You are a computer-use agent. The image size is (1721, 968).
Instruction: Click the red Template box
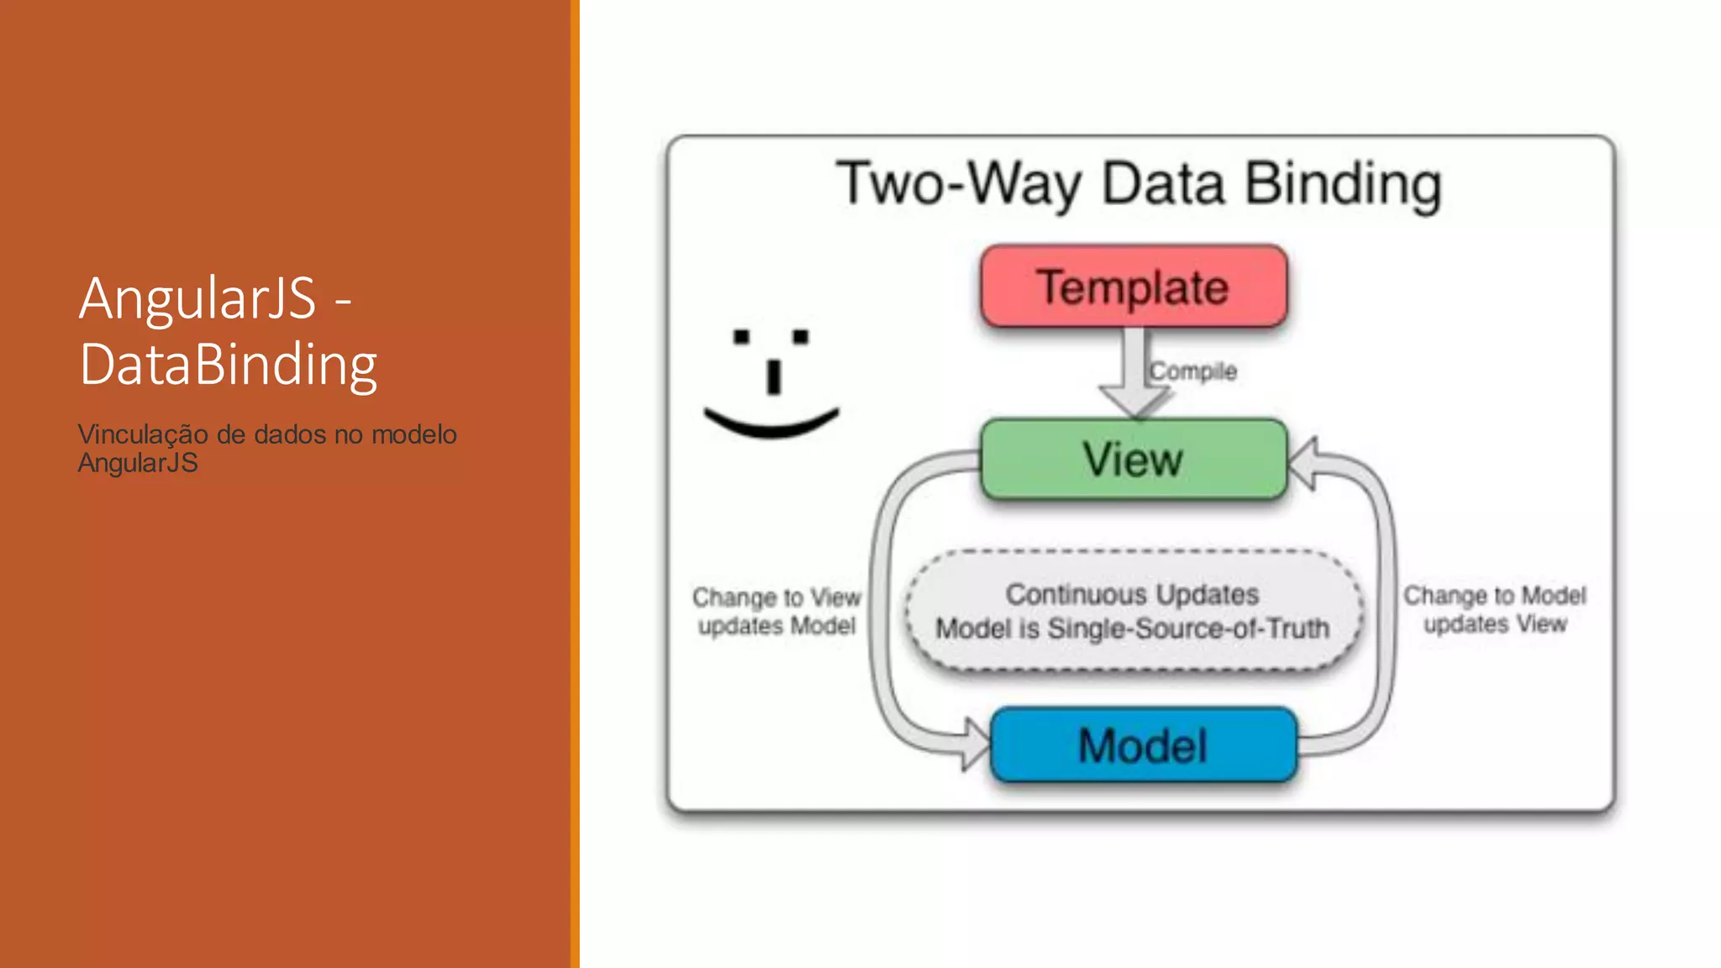pos(1134,287)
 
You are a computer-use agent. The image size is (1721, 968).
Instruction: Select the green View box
pos(1134,459)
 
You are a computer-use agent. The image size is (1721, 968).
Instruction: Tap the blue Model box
pos(1144,745)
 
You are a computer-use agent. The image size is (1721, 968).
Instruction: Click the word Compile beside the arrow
pos(1193,371)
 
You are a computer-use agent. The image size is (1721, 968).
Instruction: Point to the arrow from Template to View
pos(1134,374)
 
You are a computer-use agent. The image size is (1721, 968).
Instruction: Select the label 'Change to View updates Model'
pos(776,611)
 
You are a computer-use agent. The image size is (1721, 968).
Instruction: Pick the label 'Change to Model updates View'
pos(1494,609)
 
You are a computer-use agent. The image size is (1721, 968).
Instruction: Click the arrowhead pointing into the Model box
pos(976,744)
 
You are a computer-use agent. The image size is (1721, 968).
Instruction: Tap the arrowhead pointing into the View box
pos(1303,463)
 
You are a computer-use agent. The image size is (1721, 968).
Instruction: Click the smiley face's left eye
pos(741,337)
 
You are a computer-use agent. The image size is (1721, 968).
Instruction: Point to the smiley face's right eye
pos(800,337)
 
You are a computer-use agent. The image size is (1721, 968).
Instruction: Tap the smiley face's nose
pos(774,376)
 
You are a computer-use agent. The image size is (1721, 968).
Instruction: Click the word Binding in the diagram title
pos(1343,185)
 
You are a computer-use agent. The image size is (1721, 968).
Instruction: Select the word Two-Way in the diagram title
pos(958,185)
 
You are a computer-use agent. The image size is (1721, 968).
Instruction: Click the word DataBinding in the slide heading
pos(229,365)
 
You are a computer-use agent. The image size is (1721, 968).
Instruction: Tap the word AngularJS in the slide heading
pos(197,298)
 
